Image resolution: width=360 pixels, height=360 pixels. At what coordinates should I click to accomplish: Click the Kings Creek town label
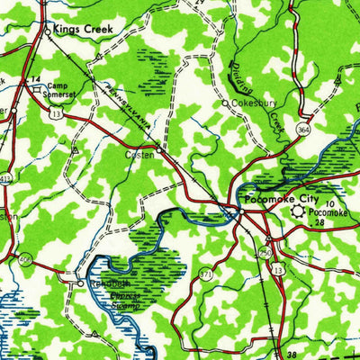pos(84,29)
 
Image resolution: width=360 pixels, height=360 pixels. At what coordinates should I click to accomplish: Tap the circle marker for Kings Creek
pos(49,30)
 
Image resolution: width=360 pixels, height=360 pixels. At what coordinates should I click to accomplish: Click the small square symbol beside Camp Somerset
pos(40,78)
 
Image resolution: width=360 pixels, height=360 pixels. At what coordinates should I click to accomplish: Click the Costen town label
pos(139,155)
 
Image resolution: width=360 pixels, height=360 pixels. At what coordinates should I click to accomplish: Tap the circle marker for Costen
pos(158,147)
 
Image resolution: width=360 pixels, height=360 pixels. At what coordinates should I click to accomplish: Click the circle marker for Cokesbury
pos(225,104)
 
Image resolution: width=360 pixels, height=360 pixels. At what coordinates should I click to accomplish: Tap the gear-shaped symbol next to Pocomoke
pos(297,212)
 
